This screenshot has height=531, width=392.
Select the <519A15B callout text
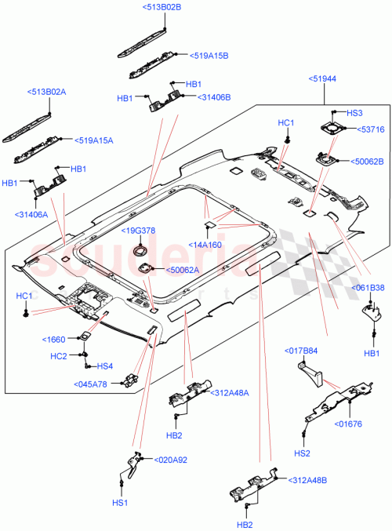point(209,56)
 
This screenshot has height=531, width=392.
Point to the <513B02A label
point(47,92)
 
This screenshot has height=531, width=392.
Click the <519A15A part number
point(94,140)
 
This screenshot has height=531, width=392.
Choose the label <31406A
point(31,214)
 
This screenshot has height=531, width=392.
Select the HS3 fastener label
point(354,112)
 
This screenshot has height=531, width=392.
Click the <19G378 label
point(138,230)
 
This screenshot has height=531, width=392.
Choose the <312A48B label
point(308,480)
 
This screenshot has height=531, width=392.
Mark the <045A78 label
point(94,384)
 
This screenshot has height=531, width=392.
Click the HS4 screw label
point(103,366)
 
